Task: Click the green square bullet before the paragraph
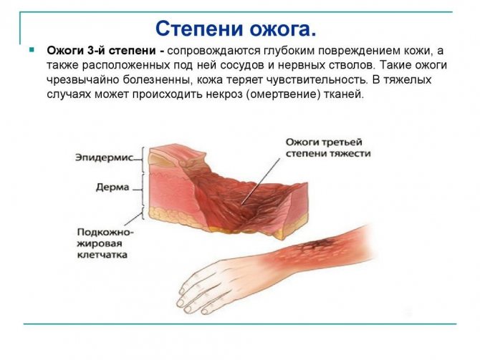click(31, 51)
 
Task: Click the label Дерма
click(112, 188)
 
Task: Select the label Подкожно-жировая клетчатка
click(105, 243)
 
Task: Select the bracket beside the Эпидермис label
click(146, 157)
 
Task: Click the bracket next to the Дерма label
click(146, 188)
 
